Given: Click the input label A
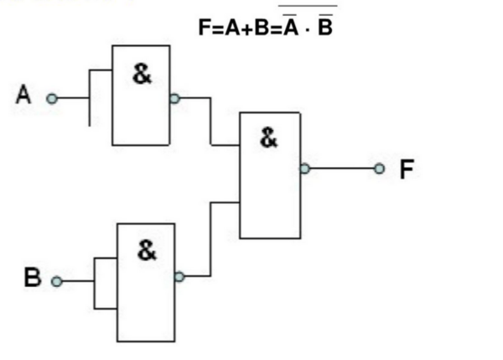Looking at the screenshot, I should pyautogui.click(x=23, y=96).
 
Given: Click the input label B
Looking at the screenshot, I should pyautogui.click(x=32, y=278).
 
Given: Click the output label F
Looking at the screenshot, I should pyautogui.click(x=407, y=170).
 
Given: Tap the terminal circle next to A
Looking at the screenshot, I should pyautogui.click(x=52, y=98).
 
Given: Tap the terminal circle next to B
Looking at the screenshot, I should pyautogui.click(x=57, y=282).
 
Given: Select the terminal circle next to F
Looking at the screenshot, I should pyautogui.click(x=380, y=169).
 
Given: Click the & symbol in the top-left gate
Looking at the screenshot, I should pyautogui.click(x=143, y=74).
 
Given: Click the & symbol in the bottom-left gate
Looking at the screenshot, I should pyautogui.click(x=147, y=250).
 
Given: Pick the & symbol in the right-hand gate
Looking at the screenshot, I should pyautogui.click(x=268, y=138).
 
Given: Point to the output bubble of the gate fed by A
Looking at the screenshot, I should pyautogui.click(x=174, y=97).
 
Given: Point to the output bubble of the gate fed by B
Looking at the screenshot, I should pyautogui.click(x=179, y=276).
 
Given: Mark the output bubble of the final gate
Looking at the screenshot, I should pyautogui.click(x=304, y=169).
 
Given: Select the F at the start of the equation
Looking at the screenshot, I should pyautogui.click(x=203, y=27).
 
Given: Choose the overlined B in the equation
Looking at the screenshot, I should pyautogui.click(x=326, y=27).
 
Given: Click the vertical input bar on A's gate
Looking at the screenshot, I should pyautogui.click(x=89, y=97).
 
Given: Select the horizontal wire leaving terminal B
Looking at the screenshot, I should pyautogui.click(x=76, y=282).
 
